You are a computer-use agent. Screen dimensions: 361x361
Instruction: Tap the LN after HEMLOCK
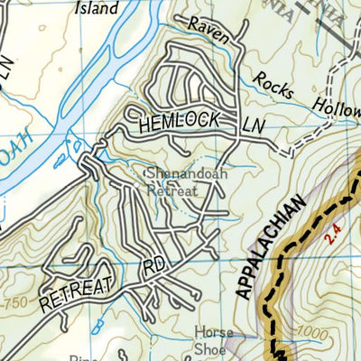255,128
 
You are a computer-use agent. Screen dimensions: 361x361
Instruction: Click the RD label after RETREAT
154,269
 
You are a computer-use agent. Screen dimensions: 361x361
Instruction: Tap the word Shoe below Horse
218,350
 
